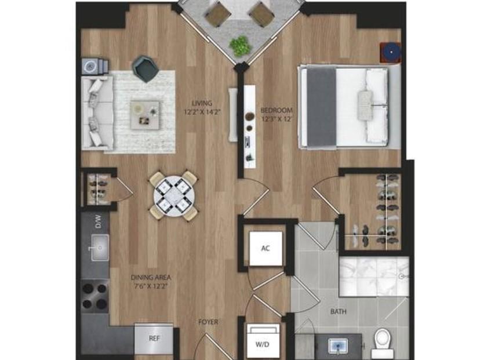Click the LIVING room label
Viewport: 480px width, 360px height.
pos(202,103)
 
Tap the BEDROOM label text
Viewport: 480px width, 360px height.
pos(277,110)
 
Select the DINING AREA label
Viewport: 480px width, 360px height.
pos(151,278)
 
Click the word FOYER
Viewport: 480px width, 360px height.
pos(208,322)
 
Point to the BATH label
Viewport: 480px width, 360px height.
pos(339,312)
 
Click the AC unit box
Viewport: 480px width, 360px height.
pos(266,248)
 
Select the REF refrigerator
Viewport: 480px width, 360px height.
pos(154,339)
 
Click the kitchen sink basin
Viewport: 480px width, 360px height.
pos(100,248)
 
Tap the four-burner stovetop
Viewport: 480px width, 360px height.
pos(95,296)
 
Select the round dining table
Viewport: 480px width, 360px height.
pos(173,196)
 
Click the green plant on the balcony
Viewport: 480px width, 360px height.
pos(241,46)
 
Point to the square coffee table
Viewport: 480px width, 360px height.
pos(145,115)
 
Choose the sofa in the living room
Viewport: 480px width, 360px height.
pos(97,112)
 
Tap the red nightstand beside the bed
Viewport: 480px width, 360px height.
pos(391,52)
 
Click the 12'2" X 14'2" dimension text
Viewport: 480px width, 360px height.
pos(202,112)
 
